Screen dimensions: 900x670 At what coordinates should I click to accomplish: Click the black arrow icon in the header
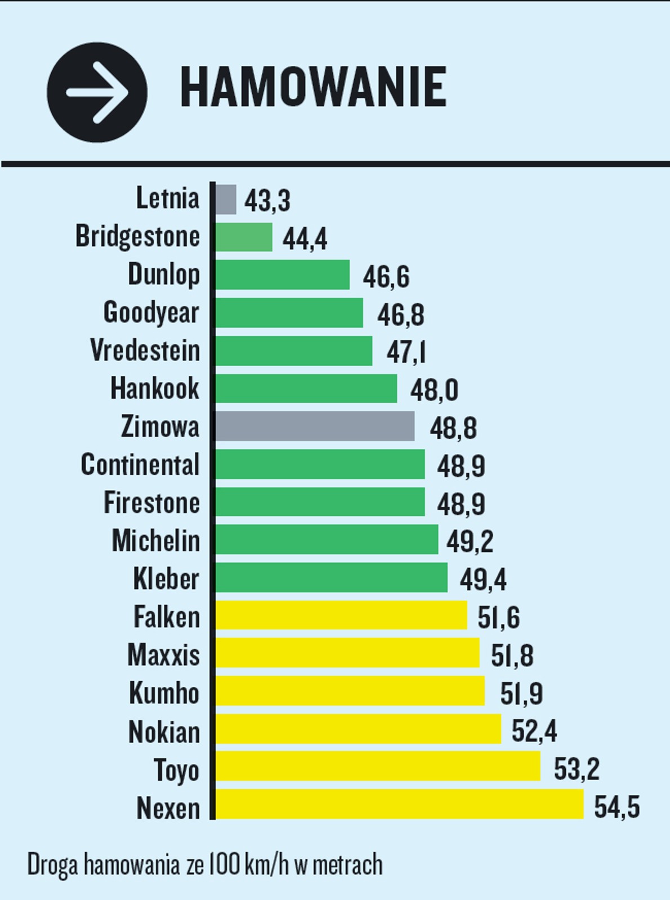(x=97, y=92)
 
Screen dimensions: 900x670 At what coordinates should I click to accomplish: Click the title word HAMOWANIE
(x=313, y=87)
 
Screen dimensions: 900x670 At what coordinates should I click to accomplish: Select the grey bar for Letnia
(x=226, y=199)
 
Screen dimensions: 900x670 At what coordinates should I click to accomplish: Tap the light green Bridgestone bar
(x=244, y=237)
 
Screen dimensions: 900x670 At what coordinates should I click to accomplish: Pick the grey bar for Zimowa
(x=315, y=426)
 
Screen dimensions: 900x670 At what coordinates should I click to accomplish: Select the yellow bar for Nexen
(x=400, y=804)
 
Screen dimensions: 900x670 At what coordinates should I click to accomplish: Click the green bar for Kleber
(x=332, y=577)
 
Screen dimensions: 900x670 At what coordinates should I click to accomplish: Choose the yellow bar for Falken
(x=341, y=615)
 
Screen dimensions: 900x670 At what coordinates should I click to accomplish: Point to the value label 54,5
(x=617, y=807)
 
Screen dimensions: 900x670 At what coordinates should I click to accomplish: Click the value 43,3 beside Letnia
(x=267, y=201)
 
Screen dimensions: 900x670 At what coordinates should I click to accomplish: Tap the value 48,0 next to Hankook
(x=434, y=390)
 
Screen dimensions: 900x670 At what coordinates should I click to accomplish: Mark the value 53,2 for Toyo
(x=577, y=769)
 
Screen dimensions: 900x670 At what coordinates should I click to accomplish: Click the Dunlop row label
(x=164, y=274)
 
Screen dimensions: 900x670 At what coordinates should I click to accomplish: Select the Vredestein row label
(x=145, y=350)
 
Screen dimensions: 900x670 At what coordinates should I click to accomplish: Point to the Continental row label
(x=140, y=465)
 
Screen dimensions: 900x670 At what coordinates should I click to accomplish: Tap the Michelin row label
(x=156, y=541)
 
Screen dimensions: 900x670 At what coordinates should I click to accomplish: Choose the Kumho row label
(x=164, y=692)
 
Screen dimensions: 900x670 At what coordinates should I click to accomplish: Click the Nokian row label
(x=164, y=732)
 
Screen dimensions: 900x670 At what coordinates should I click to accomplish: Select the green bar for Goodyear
(x=289, y=312)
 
